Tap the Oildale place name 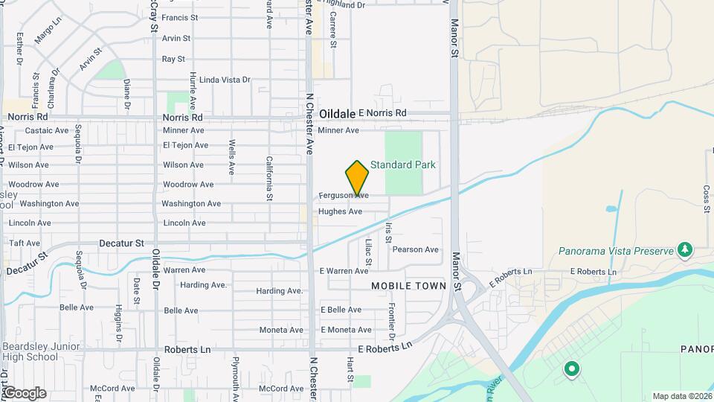pyautogui.click(x=337, y=114)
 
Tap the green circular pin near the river pyautogui.click(x=571, y=368)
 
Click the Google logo pyautogui.click(x=24, y=392)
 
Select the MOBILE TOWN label pyautogui.click(x=408, y=286)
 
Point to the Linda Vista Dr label pyautogui.click(x=225, y=80)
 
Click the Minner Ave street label pyautogui.click(x=338, y=130)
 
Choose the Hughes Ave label pyautogui.click(x=340, y=211)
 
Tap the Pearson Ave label pyautogui.click(x=415, y=249)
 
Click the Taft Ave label pyautogui.click(x=24, y=243)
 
